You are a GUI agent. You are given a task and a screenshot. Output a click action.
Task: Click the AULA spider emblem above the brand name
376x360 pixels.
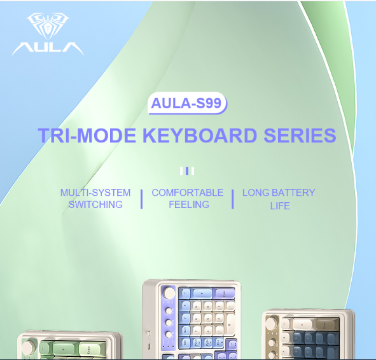click(x=48, y=25)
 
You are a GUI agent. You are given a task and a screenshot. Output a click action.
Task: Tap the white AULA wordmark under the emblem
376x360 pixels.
click(x=48, y=48)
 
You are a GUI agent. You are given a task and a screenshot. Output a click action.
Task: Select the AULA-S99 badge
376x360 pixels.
click(x=187, y=103)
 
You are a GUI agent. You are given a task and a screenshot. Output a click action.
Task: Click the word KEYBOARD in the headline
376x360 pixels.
click(x=200, y=135)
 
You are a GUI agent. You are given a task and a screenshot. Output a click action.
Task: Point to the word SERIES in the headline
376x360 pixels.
click(x=300, y=135)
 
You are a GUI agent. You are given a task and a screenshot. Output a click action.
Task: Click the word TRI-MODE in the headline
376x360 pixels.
click(x=87, y=135)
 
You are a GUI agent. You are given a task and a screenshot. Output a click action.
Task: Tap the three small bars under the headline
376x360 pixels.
click(x=187, y=171)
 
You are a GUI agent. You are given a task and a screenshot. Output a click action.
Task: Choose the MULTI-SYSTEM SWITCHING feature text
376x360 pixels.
click(x=95, y=198)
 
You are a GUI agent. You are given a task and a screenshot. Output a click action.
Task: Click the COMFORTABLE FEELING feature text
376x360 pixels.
click(x=188, y=198)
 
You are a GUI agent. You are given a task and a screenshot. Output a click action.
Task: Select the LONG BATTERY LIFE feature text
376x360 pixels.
click(x=279, y=199)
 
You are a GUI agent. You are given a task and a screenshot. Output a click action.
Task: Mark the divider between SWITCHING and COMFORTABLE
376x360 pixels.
click(x=141, y=199)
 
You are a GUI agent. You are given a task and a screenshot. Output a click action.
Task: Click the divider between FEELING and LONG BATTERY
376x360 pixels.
click(x=233, y=199)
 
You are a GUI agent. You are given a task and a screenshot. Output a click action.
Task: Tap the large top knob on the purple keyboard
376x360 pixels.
click(x=169, y=293)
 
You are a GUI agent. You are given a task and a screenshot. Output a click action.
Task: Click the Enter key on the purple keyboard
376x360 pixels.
click(x=224, y=293)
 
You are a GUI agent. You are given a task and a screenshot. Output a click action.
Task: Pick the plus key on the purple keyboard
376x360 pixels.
click(x=202, y=293)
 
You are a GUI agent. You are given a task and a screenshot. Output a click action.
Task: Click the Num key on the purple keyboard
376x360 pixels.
click(x=185, y=331)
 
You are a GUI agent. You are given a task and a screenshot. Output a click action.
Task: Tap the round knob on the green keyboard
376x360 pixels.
click(x=28, y=347)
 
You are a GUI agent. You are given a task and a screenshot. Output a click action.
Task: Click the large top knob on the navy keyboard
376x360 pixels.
click(x=271, y=322)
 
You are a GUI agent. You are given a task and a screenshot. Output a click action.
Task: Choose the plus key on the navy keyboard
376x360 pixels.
click(x=302, y=325)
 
